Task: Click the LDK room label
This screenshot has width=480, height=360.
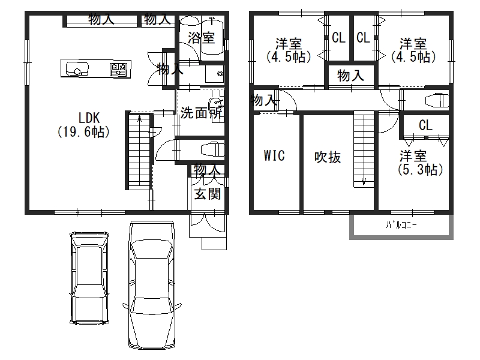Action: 89,118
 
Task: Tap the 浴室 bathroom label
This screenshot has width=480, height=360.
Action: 202,37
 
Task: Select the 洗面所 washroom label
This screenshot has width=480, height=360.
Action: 201,113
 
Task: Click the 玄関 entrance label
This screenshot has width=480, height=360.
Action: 208,193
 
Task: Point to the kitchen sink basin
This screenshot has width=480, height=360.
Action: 77,68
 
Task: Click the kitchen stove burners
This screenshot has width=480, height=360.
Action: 118,68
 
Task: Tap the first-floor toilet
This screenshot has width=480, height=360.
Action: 212,149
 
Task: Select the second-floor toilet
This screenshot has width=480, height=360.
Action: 437,100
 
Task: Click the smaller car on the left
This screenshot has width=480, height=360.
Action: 89,278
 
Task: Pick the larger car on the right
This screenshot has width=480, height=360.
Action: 152,284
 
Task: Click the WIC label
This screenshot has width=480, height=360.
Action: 274,155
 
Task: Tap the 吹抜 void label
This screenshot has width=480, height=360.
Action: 328,157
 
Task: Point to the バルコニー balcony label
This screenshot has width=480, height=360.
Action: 401,226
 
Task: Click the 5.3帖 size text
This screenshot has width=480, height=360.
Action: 421,169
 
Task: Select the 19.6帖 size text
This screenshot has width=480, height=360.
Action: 83,132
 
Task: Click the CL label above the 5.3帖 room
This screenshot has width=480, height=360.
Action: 425,125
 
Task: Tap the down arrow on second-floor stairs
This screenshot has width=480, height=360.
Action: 364,181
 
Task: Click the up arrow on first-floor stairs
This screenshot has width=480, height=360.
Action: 140,119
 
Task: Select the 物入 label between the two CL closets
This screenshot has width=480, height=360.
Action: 350,76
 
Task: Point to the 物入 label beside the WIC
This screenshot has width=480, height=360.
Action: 263,100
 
